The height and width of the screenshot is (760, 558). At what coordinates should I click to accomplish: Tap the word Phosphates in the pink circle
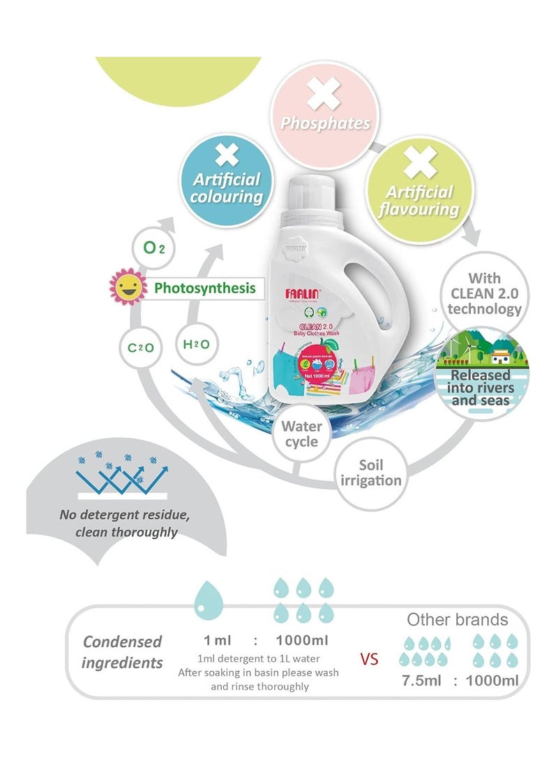click(324, 123)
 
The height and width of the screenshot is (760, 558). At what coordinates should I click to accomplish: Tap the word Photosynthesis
click(204, 287)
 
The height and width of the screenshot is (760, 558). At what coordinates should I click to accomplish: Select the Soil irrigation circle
click(370, 472)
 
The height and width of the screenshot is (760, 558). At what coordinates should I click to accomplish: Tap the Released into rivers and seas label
click(483, 387)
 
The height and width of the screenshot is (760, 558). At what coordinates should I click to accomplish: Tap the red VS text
click(370, 658)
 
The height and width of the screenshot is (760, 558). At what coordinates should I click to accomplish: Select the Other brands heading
click(458, 619)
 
